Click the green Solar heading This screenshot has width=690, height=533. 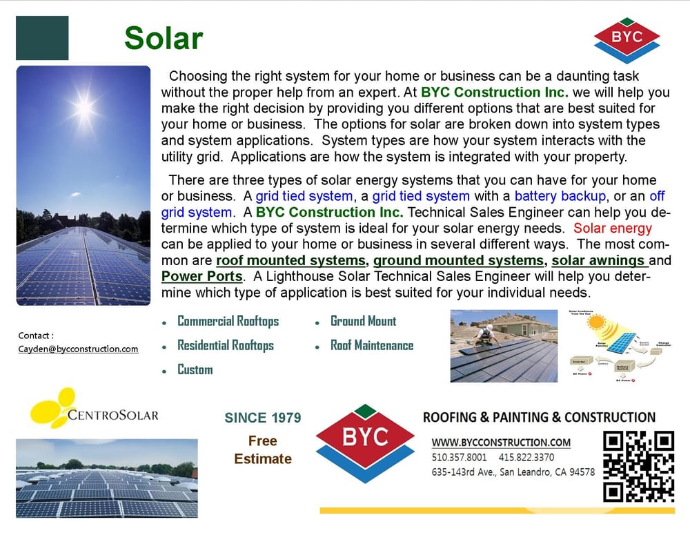pyautogui.click(x=164, y=39)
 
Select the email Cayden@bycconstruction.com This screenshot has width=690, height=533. pyautogui.click(x=78, y=349)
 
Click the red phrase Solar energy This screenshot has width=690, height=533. pyautogui.click(x=613, y=229)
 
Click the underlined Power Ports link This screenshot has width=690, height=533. pyautogui.click(x=201, y=277)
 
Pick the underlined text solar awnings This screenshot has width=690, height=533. pyautogui.click(x=599, y=261)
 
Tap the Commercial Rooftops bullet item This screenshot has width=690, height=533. pyautogui.click(x=228, y=321)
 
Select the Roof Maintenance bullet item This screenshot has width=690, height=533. pyautogui.click(x=372, y=345)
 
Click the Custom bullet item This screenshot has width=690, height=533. pyautogui.click(x=195, y=369)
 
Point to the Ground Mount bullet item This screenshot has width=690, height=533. pyautogui.click(x=364, y=321)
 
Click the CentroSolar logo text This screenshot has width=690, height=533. pyautogui.click(x=113, y=415)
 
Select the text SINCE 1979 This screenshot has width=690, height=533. pyautogui.click(x=263, y=418)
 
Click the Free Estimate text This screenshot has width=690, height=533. pyautogui.click(x=263, y=449)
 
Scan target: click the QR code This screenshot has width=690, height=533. pyautogui.click(x=638, y=466)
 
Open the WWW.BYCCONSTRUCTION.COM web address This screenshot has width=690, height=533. pyautogui.click(x=502, y=443)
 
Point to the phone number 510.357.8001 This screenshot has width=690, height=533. pyautogui.click(x=460, y=458)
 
